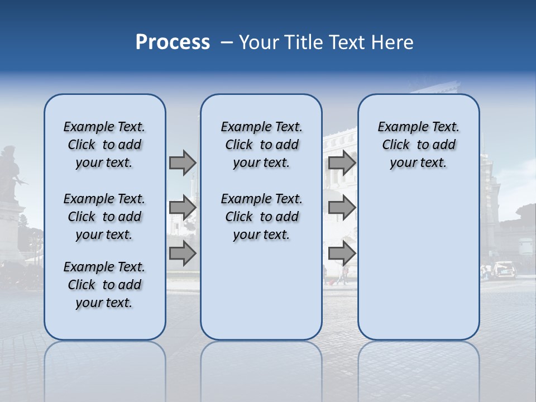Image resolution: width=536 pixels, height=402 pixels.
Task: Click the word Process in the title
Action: (173, 42)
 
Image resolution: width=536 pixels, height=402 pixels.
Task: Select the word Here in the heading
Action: (392, 42)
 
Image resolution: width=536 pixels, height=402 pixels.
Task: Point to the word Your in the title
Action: (260, 42)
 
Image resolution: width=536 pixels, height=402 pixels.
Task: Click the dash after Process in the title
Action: (227, 42)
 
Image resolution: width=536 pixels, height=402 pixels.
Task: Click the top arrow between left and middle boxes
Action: (183, 162)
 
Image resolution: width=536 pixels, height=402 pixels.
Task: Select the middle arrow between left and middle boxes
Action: (183, 208)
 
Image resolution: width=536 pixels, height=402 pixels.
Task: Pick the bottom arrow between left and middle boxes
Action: (183, 253)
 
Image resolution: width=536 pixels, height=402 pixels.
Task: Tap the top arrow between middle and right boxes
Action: (342, 162)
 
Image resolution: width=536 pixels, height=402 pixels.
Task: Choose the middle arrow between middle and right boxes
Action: (342, 208)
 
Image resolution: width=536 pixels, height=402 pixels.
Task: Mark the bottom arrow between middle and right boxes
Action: (342, 253)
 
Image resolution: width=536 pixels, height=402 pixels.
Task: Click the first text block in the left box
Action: (104, 145)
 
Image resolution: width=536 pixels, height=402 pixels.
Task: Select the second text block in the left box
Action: (104, 217)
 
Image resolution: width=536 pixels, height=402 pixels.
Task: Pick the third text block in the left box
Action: (104, 285)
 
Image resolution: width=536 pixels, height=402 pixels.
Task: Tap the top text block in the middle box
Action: (261, 145)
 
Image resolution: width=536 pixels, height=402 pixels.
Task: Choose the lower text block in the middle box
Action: (261, 217)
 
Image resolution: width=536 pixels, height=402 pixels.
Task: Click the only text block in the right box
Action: (418, 145)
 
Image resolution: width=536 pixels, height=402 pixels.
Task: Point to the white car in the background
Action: (503, 270)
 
